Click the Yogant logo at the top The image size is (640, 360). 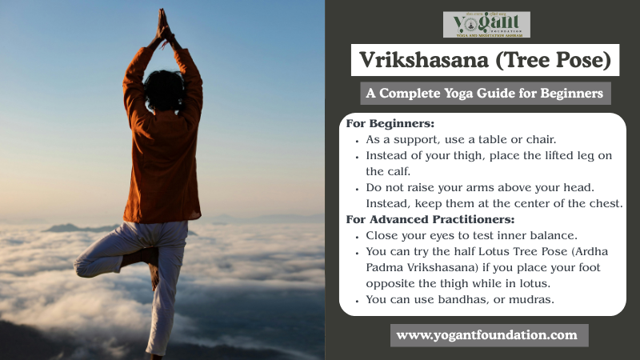click(x=486, y=24)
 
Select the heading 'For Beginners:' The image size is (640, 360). click(x=390, y=124)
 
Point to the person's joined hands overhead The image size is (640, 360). click(x=163, y=24)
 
